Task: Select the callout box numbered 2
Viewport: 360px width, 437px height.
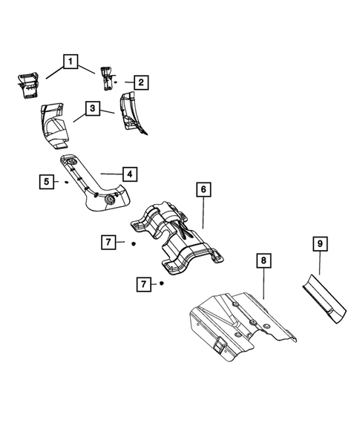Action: pos(139,82)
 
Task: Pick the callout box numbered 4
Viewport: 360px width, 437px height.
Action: pos(129,174)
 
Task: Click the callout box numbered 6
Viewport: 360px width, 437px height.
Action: pos(201,189)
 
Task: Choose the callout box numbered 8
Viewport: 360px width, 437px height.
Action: pos(262,260)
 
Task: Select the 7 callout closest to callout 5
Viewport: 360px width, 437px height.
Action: pos(108,241)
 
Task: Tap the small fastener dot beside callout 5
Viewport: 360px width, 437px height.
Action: pos(66,180)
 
